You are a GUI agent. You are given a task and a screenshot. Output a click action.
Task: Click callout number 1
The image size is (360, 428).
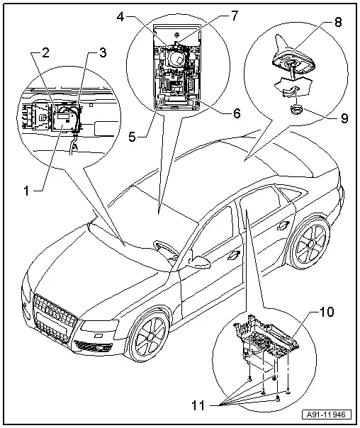pyautogui.click(x=26, y=190)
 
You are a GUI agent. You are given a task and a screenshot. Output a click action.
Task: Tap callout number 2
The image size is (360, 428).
pyautogui.click(x=45, y=53)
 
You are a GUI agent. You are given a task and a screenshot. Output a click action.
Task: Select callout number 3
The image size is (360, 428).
pyautogui.click(x=103, y=53)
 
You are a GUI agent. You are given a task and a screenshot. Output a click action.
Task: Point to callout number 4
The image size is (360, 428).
pyautogui.click(x=120, y=17)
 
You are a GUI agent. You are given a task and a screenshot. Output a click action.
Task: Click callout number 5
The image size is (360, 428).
pyautogui.click(x=132, y=137)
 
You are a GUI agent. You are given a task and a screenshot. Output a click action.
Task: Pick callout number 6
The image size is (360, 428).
pyautogui.click(x=237, y=113)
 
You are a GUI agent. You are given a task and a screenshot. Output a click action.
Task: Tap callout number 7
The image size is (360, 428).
pyautogui.click(x=235, y=16)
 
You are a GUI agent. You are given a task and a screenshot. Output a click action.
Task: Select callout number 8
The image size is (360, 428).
pyautogui.click(x=338, y=22)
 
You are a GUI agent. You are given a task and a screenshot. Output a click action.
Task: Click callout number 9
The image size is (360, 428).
pyautogui.click(x=344, y=118)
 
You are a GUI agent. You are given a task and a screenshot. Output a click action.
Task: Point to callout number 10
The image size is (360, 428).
pyautogui.click(x=327, y=312)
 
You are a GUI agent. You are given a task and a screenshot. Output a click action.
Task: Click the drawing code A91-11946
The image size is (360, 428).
pyautogui.click(x=326, y=415)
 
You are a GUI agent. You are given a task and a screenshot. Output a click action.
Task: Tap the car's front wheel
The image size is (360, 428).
pyautogui.click(x=150, y=337)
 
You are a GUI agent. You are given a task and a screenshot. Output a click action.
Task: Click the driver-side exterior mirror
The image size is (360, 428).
pyautogui.click(x=198, y=262)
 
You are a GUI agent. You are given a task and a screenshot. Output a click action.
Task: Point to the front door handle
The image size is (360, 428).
pyautogui.click(x=234, y=254)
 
